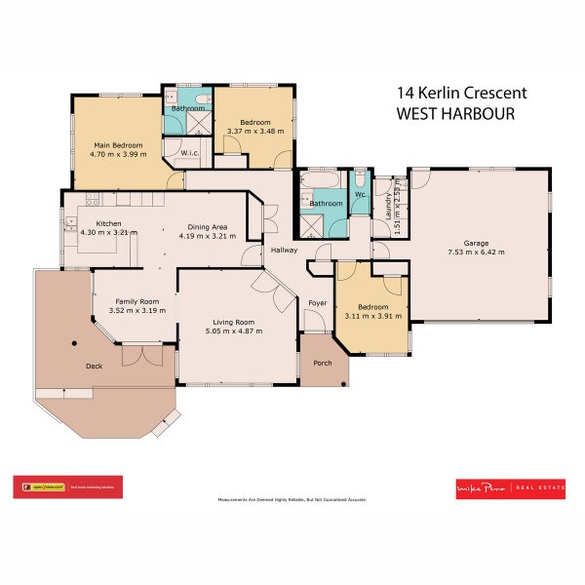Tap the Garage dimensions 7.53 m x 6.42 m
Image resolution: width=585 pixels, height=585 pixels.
pos(476,253)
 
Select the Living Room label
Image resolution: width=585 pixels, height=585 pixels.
pos(234,321)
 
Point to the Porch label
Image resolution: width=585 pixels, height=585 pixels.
pos(322,363)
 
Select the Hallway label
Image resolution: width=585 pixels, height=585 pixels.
pos(284,251)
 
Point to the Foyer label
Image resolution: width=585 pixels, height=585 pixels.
pos(318,303)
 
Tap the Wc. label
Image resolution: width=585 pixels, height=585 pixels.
pos(359,195)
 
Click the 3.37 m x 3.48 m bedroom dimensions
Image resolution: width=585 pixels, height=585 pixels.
pos(254,131)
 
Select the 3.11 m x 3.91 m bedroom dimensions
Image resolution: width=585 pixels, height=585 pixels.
pos(371,316)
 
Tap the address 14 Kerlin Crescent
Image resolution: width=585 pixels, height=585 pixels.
pos(461,93)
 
